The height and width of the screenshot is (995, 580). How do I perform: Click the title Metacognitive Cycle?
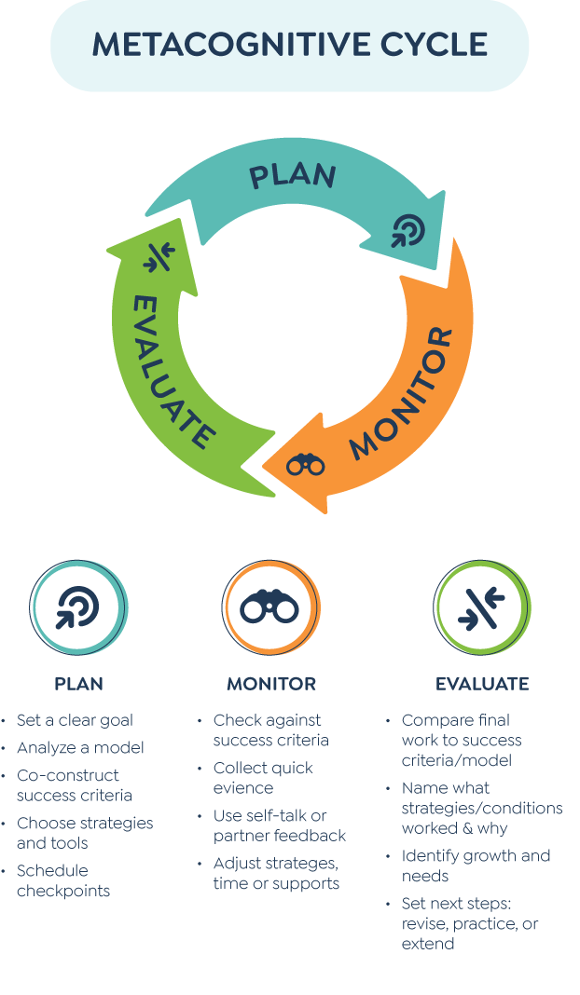pyautogui.click(x=289, y=45)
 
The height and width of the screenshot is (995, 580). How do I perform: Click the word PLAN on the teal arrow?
pyautogui.click(x=293, y=176)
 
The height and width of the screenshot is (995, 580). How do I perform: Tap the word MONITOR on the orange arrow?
pyautogui.click(x=402, y=394)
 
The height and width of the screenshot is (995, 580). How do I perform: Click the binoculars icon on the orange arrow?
pyautogui.click(x=306, y=463)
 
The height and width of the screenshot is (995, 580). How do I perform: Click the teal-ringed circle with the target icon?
pyautogui.click(x=78, y=608)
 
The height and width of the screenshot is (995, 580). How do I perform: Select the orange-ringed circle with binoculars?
pyautogui.click(x=270, y=608)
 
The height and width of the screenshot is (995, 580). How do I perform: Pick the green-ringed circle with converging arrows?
pyautogui.click(x=482, y=608)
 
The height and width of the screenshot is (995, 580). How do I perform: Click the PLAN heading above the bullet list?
pyautogui.click(x=78, y=684)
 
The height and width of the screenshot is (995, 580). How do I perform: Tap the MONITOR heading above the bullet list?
pyautogui.click(x=270, y=684)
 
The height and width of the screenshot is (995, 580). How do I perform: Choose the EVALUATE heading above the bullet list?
pyautogui.click(x=482, y=684)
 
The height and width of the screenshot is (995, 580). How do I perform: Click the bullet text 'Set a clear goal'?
pyautogui.click(x=75, y=720)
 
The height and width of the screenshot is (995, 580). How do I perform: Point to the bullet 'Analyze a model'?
pyautogui.click(x=80, y=747)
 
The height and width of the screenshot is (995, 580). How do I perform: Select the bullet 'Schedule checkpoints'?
pyautogui.click(x=63, y=880)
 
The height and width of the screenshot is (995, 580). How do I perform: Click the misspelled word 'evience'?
pyautogui.click(x=243, y=788)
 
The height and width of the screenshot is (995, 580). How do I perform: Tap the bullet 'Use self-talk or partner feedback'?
pyautogui.click(x=279, y=825)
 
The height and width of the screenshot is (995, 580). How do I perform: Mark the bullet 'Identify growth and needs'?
pyautogui.click(x=476, y=866)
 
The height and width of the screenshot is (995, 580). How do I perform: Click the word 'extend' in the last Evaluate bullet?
pyautogui.click(x=428, y=945)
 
